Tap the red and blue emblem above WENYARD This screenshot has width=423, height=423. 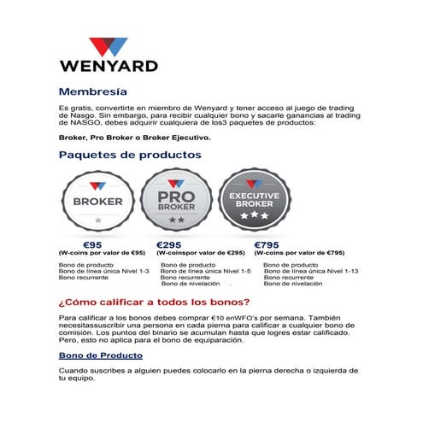(x=108, y=46)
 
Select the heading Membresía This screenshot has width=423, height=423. (x=93, y=91)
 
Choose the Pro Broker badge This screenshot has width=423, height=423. (x=176, y=201)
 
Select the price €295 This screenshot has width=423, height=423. (x=171, y=244)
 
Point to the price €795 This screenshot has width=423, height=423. (x=269, y=244)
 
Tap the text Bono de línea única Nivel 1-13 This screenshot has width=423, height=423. (x=310, y=271)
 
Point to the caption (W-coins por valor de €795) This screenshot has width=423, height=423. (x=299, y=254)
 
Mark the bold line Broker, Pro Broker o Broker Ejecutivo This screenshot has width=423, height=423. (x=133, y=137)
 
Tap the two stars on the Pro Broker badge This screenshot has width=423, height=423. (x=176, y=220)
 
